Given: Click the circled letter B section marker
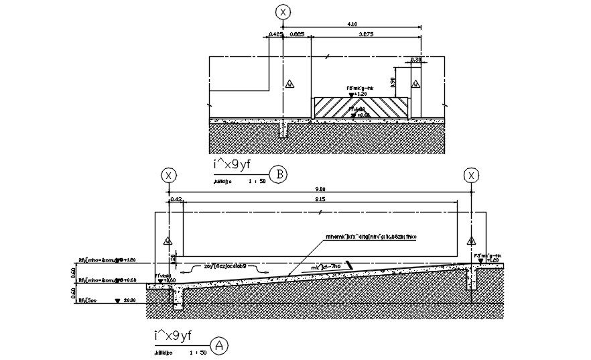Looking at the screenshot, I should (280, 176).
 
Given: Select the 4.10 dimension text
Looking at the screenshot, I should (352, 24).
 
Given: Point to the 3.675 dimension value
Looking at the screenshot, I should (366, 34).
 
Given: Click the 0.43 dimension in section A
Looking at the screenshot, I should (177, 199).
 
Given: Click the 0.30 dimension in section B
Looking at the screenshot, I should (415, 60).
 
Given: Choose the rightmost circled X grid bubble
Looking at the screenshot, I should (472, 176).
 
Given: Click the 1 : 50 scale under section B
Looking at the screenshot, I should (257, 181).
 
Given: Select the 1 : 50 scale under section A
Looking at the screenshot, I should (198, 351).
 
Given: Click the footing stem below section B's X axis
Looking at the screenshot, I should (284, 129).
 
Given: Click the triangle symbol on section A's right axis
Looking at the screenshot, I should (472, 241).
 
